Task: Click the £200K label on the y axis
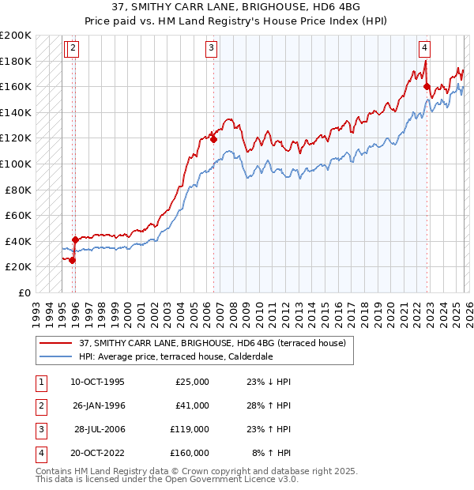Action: pyautogui.click(x=16, y=36)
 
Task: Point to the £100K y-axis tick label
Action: pyautogui.click(x=16, y=164)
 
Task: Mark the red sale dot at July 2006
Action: pyautogui.click(x=213, y=140)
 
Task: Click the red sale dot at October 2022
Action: pyautogui.click(x=427, y=87)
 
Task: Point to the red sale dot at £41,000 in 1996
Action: pyautogui.click(x=75, y=239)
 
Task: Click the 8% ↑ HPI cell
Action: pyautogui.click(x=271, y=454)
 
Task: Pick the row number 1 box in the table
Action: pyautogui.click(x=39, y=382)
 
